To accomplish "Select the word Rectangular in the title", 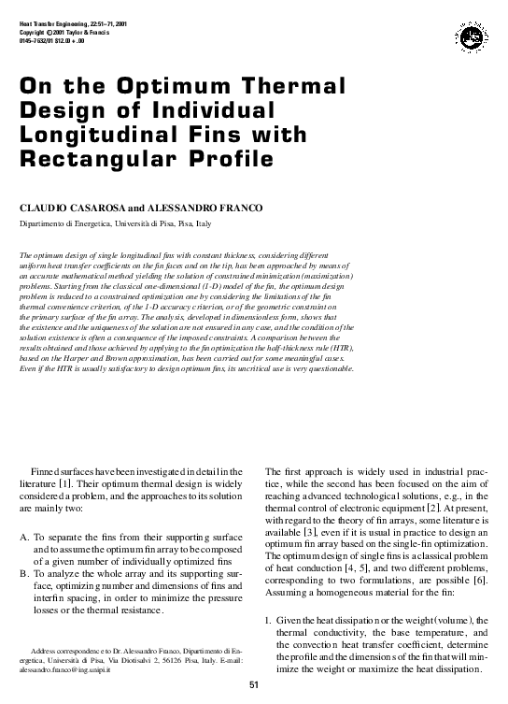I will (91, 160).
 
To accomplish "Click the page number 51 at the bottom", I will (253, 686).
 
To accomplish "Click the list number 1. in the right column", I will (268, 621).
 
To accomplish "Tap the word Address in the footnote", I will (46, 649).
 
